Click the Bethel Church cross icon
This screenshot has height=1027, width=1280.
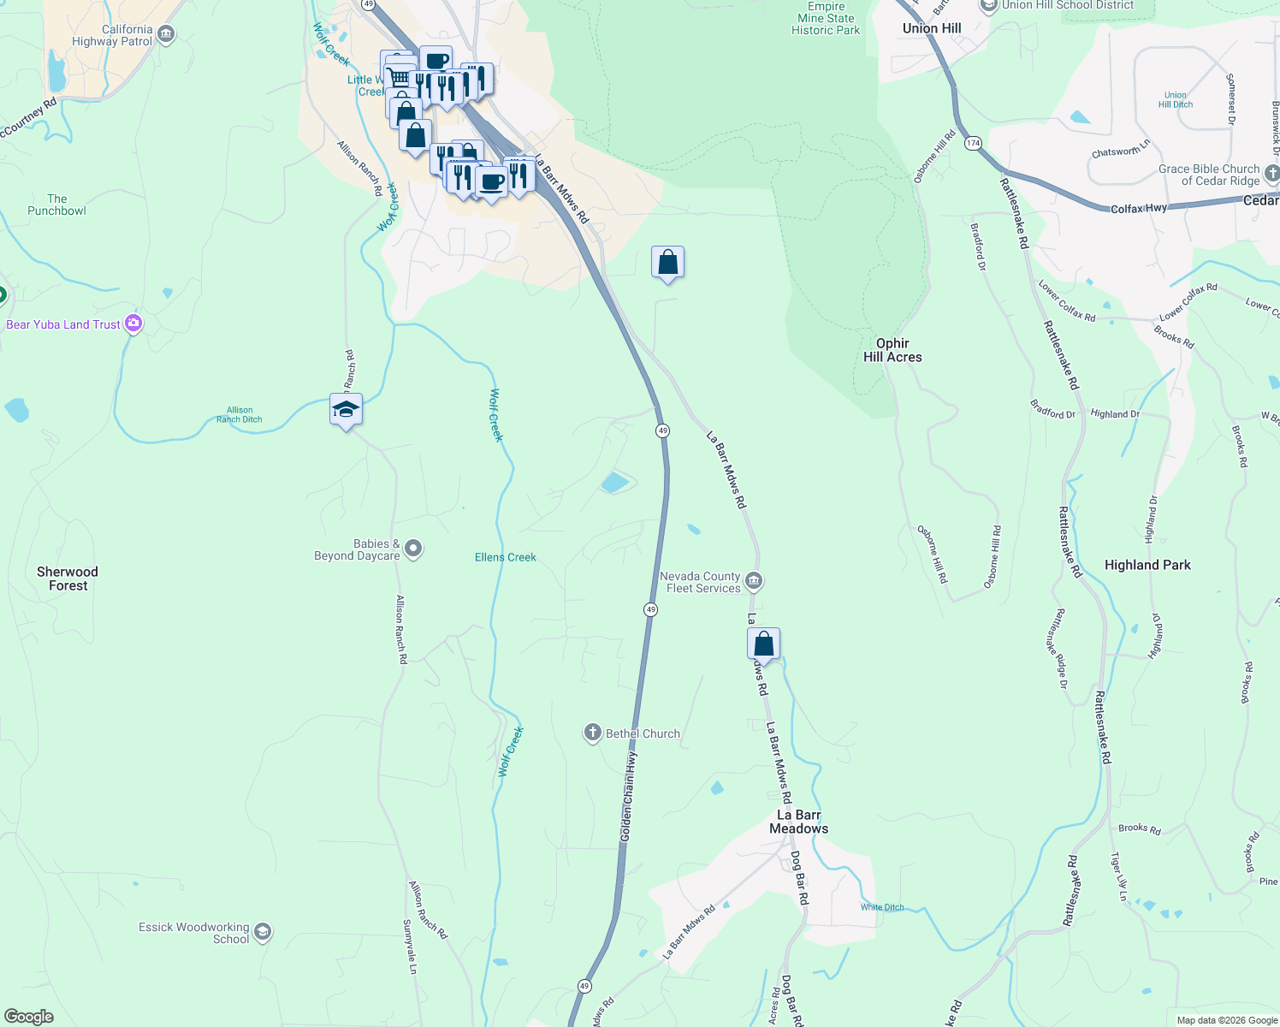click(x=592, y=733)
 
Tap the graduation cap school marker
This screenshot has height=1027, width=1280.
click(x=346, y=410)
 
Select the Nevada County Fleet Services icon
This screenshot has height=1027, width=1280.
click(x=754, y=582)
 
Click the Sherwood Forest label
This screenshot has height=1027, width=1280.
click(x=68, y=579)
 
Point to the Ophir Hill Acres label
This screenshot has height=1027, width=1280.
click(x=892, y=350)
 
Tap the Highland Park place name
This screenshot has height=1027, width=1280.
click(x=1147, y=565)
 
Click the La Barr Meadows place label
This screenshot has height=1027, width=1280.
click(x=798, y=822)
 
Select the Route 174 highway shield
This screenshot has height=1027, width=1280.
click(x=973, y=143)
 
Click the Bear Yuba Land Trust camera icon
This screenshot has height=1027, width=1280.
click(x=133, y=324)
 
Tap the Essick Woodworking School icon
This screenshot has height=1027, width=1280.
click(x=263, y=932)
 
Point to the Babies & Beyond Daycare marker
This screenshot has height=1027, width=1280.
click(x=413, y=549)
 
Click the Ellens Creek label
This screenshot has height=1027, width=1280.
click(x=505, y=557)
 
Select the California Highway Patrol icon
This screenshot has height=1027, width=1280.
click(x=166, y=34)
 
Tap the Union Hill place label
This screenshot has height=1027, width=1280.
click(x=932, y=28)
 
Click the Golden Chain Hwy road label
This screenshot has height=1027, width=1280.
click(x=629, y=796)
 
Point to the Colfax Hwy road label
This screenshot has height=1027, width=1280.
click(x=1138, y=209)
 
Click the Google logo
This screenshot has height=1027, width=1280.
click(x=28, y=1017)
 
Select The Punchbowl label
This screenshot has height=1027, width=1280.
click(x=56, y=205)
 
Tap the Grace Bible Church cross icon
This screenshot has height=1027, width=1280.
click(x=1271, y=174)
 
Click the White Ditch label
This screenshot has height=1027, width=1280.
click(x=882, y=907)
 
